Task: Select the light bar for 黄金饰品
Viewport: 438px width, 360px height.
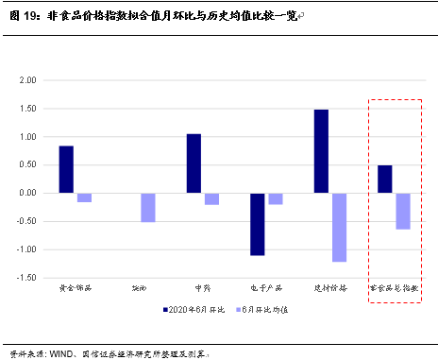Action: click(84, 197)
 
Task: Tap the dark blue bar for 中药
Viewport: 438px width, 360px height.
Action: click(194, 163)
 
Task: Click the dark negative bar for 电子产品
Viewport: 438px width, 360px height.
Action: click(257, 224)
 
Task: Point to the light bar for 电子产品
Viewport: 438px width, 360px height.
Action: click(276, 199)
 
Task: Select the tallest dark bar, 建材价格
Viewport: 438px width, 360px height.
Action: click(321, 151)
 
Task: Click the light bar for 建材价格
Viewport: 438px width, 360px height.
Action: click(339, 228)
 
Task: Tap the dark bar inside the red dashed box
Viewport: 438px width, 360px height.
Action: click(384, 180)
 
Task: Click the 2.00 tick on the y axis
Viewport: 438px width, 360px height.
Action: click(26, 81)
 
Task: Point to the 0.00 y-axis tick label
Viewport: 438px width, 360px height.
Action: click(26, 194)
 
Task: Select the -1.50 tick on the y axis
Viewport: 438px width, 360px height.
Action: click(25, 278)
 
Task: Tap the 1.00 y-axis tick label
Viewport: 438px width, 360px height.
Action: click(26, 137)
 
